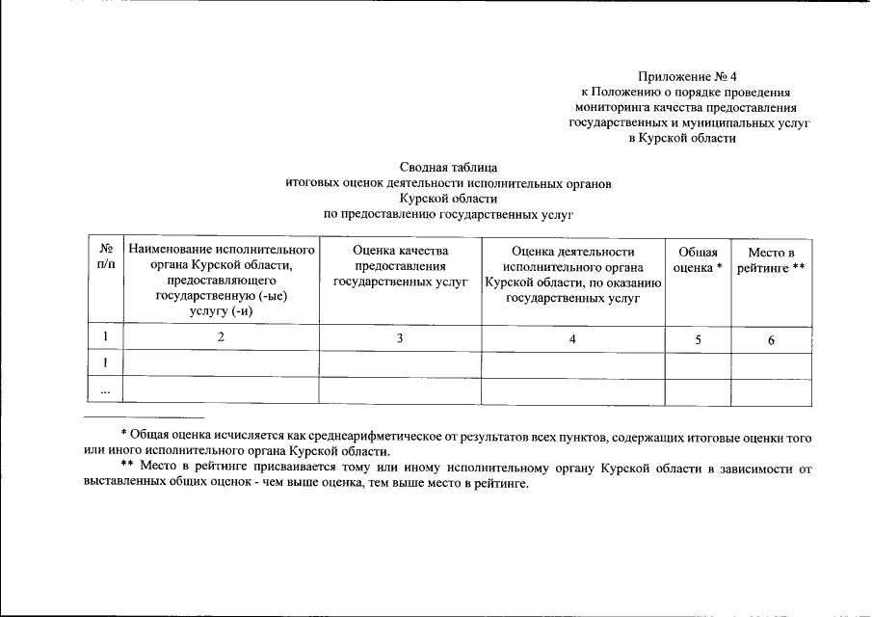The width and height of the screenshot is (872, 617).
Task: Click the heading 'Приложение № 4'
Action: coord(687,76)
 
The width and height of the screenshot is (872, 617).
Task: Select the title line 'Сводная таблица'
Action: coord(448,167)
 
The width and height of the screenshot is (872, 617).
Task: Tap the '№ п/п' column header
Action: coord(105,257)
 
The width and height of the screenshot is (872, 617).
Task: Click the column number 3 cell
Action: coord(400,338)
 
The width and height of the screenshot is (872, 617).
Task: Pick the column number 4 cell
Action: coord(572,339)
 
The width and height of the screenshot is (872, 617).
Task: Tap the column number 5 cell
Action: coord(697,339)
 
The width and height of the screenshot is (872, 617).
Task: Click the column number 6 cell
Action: coord(771,339)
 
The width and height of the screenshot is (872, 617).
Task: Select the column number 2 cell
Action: coord(221,337)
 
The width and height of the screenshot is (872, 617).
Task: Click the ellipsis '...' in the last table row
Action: coord(105,391)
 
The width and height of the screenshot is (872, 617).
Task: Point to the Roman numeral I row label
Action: coord(105,363)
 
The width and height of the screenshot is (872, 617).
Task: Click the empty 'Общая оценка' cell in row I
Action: coord(697,364)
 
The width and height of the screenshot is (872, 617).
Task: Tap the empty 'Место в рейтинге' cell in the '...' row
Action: coord(771,391)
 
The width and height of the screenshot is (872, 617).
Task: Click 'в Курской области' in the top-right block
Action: coord(681,139)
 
